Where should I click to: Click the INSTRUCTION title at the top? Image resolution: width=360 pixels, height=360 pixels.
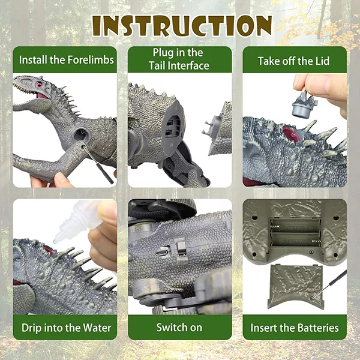coord(182,26)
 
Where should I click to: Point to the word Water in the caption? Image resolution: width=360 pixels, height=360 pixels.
coord(97,328)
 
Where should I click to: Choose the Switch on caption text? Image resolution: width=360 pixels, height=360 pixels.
coord(179,328)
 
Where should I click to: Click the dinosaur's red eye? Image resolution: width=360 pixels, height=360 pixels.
coord(39,84)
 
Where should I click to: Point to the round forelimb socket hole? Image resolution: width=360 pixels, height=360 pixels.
coord(81,134)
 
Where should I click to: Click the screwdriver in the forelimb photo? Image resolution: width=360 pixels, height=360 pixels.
coord(98,163)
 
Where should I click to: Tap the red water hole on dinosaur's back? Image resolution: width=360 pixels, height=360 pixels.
coord(291,134)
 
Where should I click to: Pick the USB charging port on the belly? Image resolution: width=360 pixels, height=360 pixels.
coord(160,253)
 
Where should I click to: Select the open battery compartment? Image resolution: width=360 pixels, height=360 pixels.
coord(295,232)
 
